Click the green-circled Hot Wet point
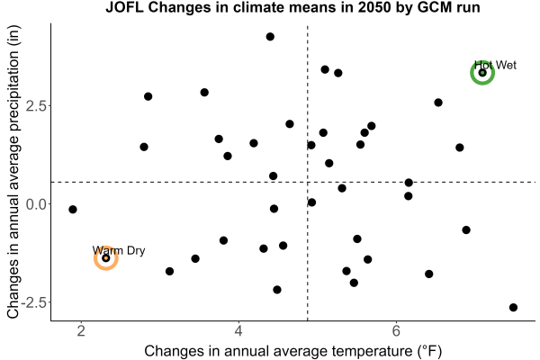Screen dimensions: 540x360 pyautogui.click(x=482, y=73)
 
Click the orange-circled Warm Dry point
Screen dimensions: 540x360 pyautogui.click(x=106, y=258)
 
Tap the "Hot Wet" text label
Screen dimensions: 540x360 pyautogui.click(x=495, y=65)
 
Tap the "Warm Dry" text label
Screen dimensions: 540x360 pyautogui.click(x=119, y=250)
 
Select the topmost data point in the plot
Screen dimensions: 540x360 pyautogui.click(x=270, y=37)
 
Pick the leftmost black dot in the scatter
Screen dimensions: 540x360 pyautogui.click(x=73, y=209)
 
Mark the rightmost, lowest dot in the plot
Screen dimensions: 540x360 pyautogui.click(x=514, y=307)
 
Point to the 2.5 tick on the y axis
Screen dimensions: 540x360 pyautogui.click(x=36, y=105)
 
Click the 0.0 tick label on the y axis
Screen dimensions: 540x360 pyautogui.click(x=36, y=204)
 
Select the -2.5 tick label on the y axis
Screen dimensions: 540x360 pyautogui.click(x=33, y=302)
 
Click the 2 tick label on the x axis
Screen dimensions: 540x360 pyautogui.click(x=81, y=331)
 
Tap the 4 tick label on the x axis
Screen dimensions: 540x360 pyautogui.click(x=238, y=331)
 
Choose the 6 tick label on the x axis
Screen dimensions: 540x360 pyautogui.click(x=396, y=331)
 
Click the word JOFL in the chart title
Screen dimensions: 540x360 pyautogui.click(x=124, y=7)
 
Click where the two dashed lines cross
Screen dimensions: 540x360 pyautogui.click(x=307, y=182)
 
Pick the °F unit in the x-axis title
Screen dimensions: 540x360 pyautogui.click(x=429, y=351)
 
